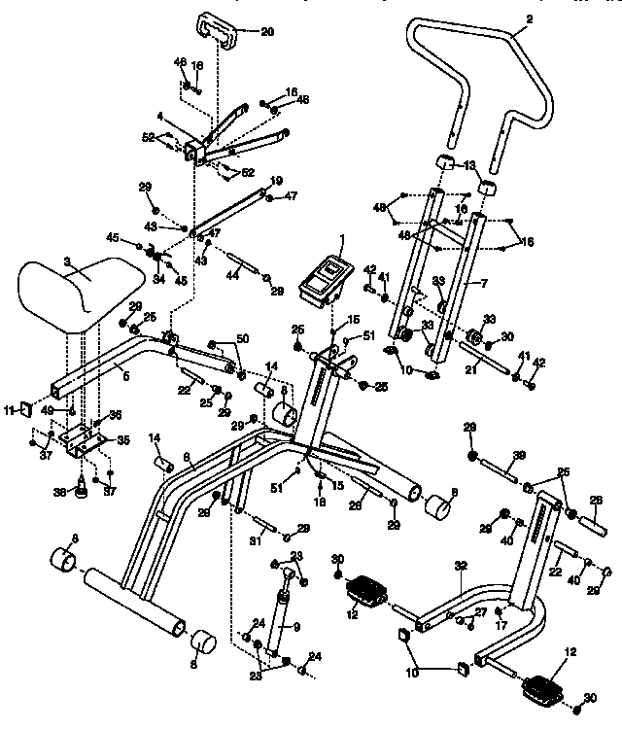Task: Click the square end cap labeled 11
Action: point(25,412)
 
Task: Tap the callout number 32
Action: point(460,565)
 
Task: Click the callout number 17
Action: point(501,626)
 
